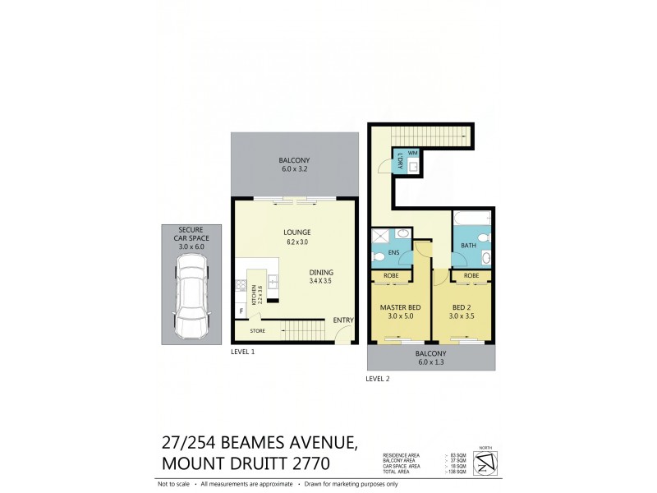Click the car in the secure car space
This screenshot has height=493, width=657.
click(x=190, y=297)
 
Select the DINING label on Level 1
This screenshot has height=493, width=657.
click(x=321, y=272)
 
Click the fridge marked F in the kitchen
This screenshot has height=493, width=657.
click(x=242, y=310)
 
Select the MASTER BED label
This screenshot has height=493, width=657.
click(x=399, y=308)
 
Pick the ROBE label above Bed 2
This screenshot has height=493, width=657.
click(x=471, y=276)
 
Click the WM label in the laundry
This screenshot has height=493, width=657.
click(x=412, y=154)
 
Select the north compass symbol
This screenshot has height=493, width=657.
click(x=486, y=463)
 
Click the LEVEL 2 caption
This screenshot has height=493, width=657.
click(x=378, y=379)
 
